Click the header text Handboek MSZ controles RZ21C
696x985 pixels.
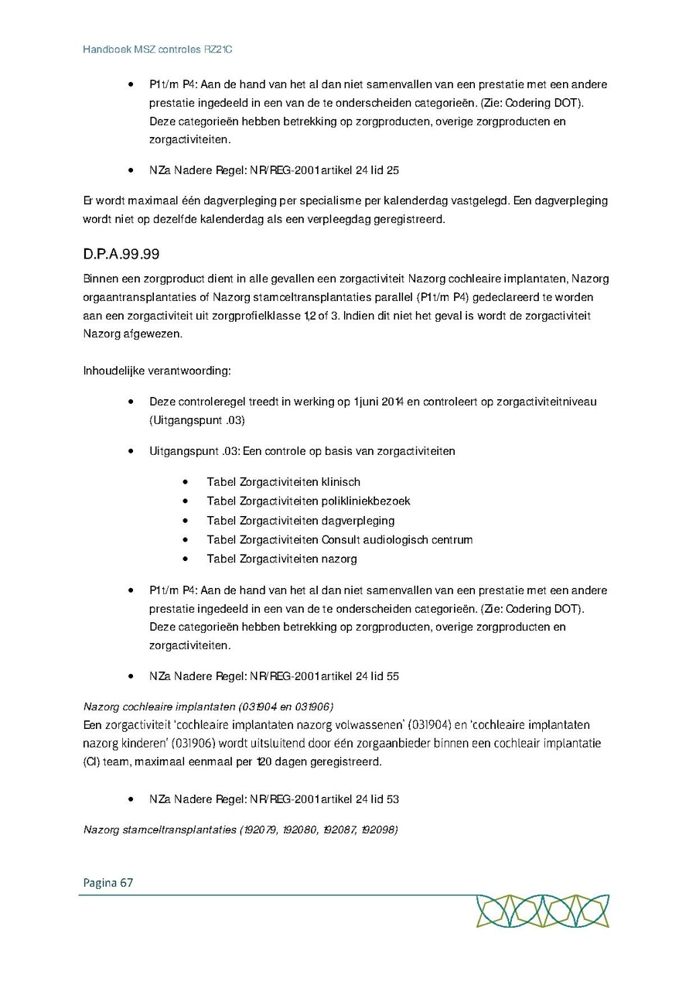pyautogui.click(x=158, y=50)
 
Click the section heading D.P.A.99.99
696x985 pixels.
pyautogui.click(x=121, y=254)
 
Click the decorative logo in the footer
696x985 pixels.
pyautogui.click(x=542, y=911)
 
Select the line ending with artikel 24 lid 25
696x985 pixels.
pyautogui.click(x=274, y=169)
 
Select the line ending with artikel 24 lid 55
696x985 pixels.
pyautogui.click(x=274, y=675)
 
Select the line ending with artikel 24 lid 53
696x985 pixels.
pyautogui.click(x=274, y=799)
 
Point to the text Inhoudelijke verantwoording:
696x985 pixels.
pyautogui.click(x=157, y=371)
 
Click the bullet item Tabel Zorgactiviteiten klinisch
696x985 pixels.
pyautogui.click(x=283, y=481)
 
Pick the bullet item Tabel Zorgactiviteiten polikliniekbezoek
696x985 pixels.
pyautogui.click(x=308, y=501)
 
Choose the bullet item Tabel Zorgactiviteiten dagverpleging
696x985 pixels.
pyautogui.click(x=300, y=520)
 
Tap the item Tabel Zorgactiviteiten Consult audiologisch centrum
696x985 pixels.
pyautogui.click(x=339, y=539)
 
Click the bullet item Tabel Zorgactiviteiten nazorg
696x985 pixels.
pyautogui.click(x=281, y=559)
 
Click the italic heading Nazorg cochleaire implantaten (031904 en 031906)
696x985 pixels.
pyautogui.click(x=208, y=706)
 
